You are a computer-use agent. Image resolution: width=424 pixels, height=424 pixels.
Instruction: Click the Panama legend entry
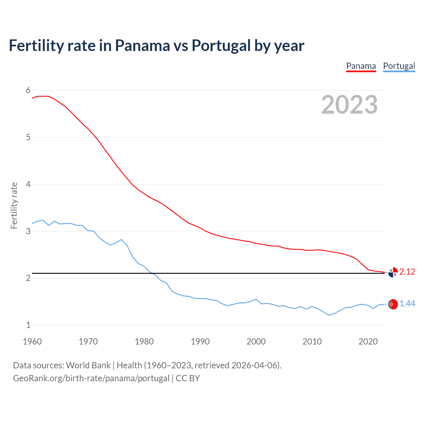tap(361, 66)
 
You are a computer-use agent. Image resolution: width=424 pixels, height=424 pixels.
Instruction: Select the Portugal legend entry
tap(399, 66)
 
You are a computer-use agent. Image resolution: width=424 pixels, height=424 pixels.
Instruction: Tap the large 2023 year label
tap(349, 105)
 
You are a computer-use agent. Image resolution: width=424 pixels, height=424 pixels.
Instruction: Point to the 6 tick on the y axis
tap(28, 90)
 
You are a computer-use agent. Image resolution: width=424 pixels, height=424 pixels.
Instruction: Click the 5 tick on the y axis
tap(28, 137)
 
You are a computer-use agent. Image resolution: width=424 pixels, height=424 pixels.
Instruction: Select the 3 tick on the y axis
tap(28, 231)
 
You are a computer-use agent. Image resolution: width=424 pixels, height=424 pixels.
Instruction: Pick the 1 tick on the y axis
tap(28, 325)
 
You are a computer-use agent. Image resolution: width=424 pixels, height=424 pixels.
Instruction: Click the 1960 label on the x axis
tap(32, 342)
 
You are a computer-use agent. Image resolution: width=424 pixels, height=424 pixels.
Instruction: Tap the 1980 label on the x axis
tap(144, 342)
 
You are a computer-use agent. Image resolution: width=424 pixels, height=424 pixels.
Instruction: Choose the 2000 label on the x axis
tap(256, 342)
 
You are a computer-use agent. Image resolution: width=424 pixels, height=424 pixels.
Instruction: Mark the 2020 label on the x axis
tap(368, 342)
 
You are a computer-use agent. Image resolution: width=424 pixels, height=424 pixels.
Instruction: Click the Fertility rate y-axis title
tap(14, 205)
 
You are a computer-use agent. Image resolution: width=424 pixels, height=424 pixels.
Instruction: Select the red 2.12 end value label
tap(407, 272)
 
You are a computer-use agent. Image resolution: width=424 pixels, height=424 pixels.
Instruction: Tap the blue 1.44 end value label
tap(407, 303)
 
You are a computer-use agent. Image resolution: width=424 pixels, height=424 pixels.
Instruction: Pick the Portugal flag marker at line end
tap(393, 304)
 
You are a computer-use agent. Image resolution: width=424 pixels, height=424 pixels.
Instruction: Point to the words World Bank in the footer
tap(88, 365)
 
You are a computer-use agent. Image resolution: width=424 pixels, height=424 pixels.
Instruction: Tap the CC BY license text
tap(188, 378)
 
